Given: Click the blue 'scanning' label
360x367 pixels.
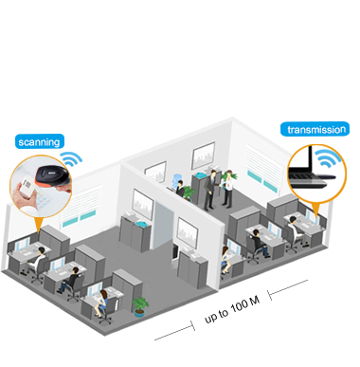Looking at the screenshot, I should coord(38,142).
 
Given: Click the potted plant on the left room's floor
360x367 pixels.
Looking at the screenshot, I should coord(141,305).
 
